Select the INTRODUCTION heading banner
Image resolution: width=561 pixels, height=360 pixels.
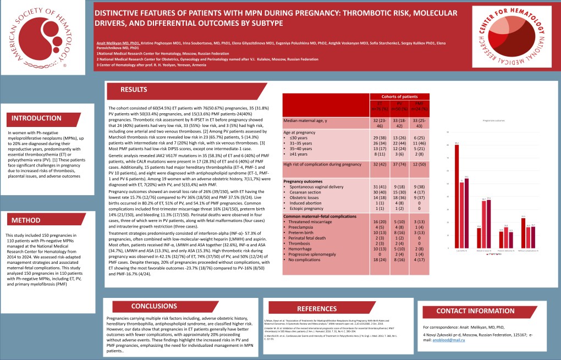point(37,119)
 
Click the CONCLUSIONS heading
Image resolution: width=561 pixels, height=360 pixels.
point(154,306)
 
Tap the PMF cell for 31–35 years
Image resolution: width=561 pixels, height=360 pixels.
point(419,142)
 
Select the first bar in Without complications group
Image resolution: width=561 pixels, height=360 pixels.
point(523,230)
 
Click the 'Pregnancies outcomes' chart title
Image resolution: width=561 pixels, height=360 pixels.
point(493,119)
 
